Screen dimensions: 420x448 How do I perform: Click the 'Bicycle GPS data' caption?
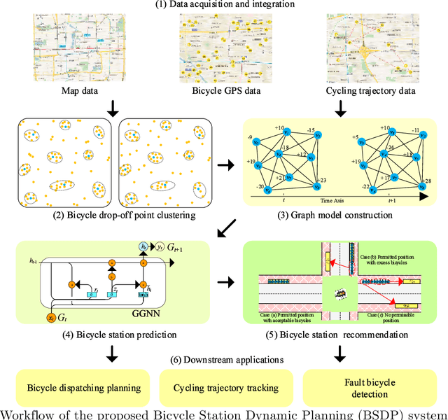[x=223, y=90]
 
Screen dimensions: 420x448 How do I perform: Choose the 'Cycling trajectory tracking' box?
[x=223, y=387]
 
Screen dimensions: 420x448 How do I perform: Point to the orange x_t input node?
[x=51, y=317]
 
